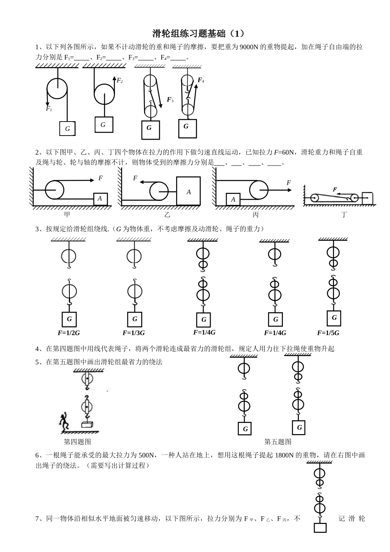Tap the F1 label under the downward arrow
point(49,109)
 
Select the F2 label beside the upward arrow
point(120,81)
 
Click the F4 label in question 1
point(201,80)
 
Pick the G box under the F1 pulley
point(68,129)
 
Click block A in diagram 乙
point(188,191)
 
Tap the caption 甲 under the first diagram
point(67,214)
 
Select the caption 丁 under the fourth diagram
point(344,214)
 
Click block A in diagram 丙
point(233,200)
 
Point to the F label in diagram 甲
point(100,178)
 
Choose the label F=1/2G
point(69,333)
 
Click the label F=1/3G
point(133,333)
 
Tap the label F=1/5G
point(328,333)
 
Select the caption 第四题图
point(77,442)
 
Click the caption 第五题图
point(278,442)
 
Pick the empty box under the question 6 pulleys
point(320,528)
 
